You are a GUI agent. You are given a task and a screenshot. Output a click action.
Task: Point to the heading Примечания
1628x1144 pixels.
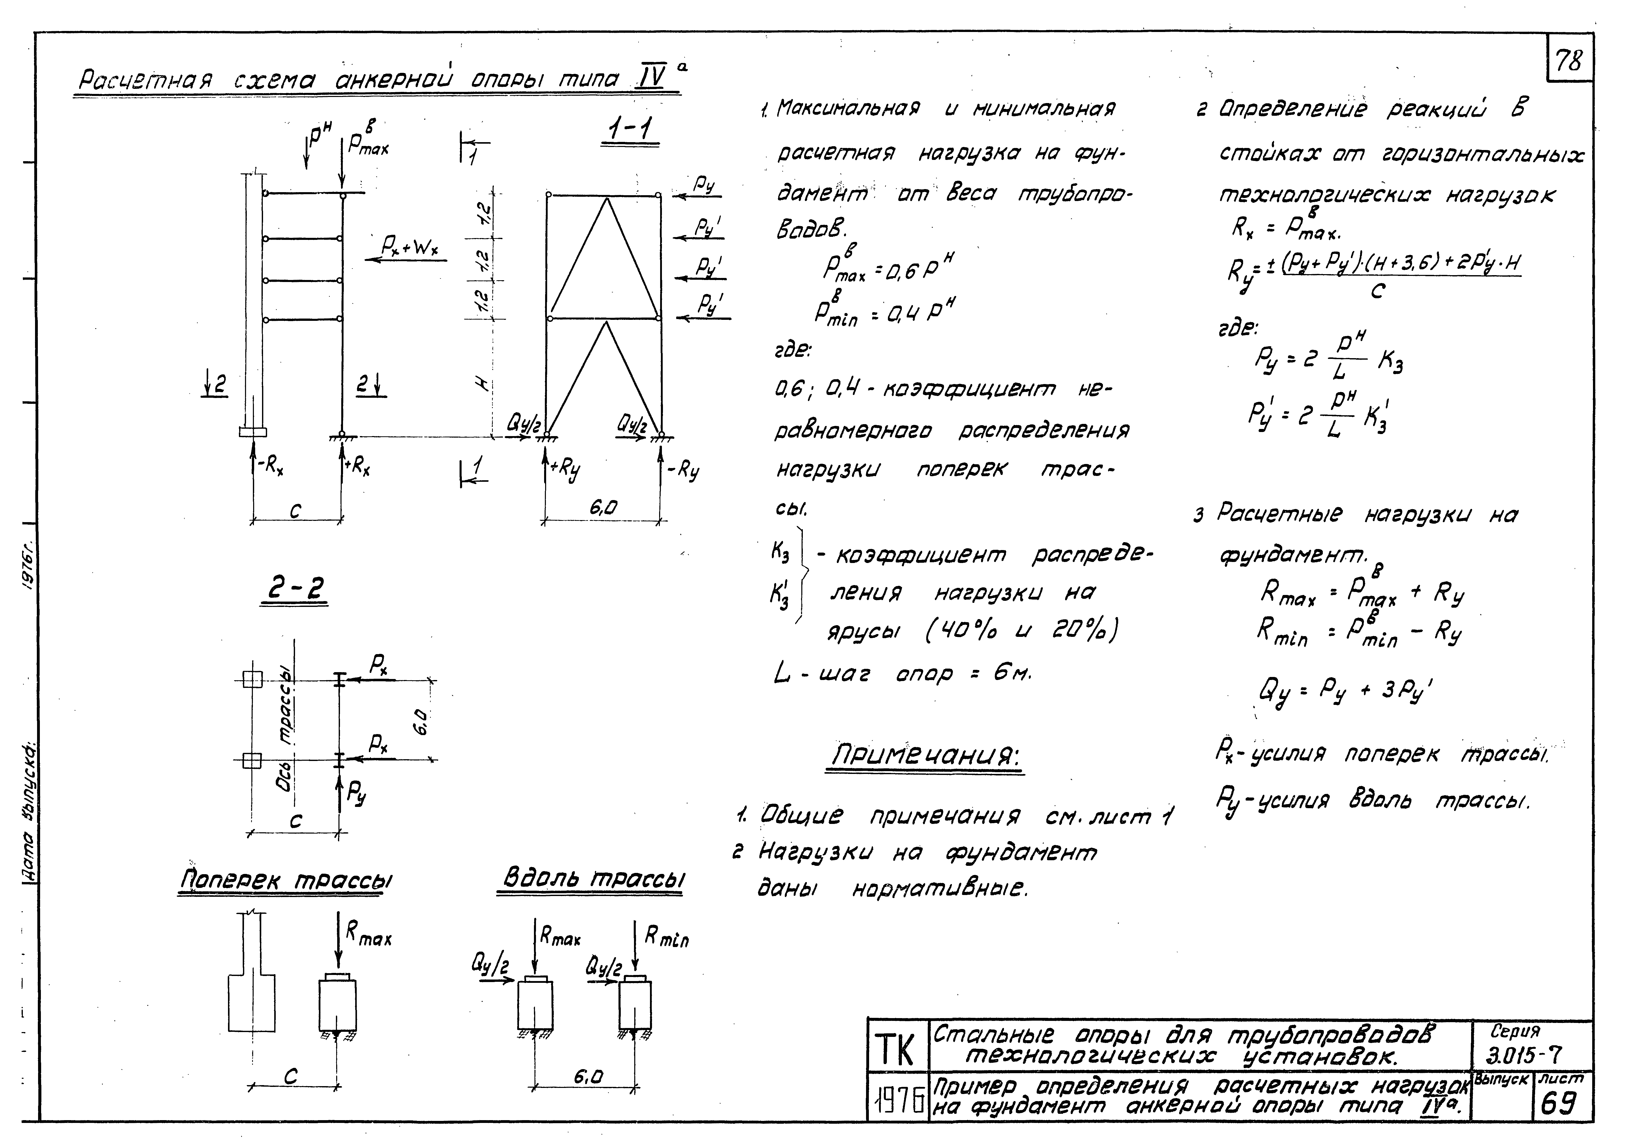click(926, 756)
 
